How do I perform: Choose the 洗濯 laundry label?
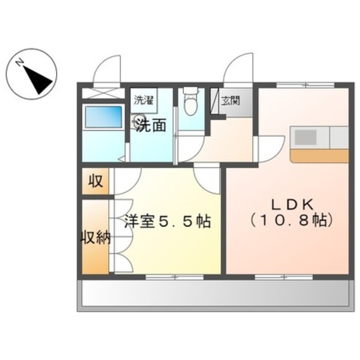(143, 101)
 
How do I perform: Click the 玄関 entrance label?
(230, 101)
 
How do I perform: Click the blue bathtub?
(103, 117)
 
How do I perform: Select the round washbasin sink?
(138, 119)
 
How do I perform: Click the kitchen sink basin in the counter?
(307, 137)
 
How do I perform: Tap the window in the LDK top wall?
(304, 85)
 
